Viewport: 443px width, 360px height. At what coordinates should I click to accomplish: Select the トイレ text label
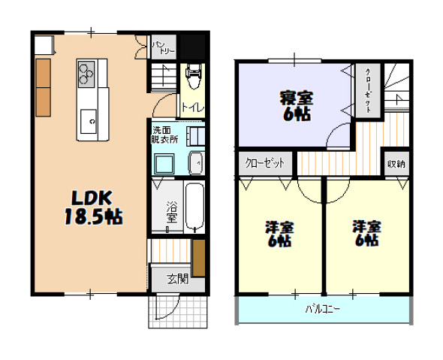191,107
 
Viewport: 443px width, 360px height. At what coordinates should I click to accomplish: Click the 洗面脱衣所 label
164,134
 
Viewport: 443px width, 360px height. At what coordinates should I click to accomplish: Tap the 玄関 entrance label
177,279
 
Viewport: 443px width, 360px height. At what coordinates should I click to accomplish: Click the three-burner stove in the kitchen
86,73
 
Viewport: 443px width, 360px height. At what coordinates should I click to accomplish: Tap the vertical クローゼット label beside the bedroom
368,91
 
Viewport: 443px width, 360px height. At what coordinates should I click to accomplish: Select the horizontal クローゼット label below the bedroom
267,163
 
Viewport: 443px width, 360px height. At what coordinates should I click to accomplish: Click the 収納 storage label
396,163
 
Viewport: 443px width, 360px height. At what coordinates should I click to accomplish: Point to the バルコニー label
323,309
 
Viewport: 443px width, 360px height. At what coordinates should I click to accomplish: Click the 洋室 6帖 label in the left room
279,234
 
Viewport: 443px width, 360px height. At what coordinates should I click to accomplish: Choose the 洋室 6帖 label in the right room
366,234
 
